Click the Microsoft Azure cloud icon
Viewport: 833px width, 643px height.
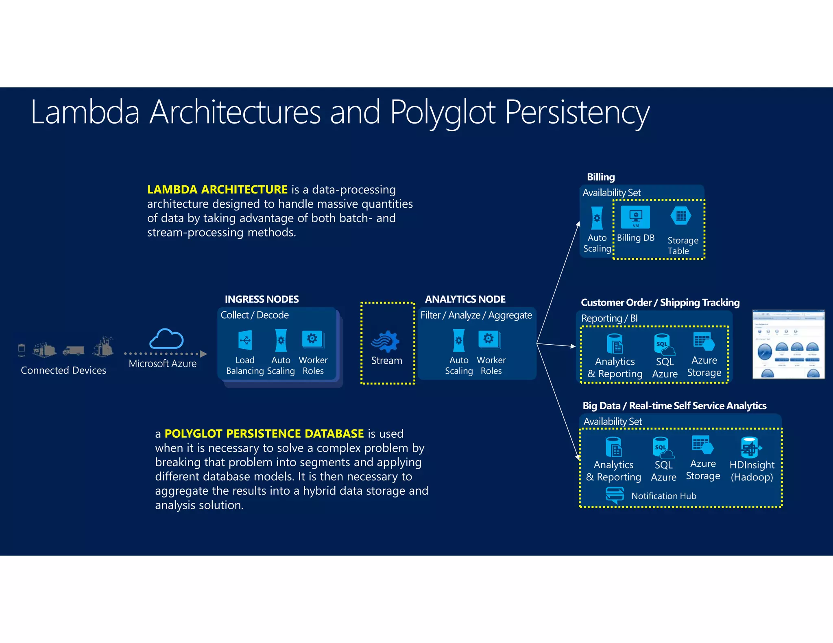[x=166, y=339]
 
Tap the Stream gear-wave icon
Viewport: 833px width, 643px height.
[x=385, y=341]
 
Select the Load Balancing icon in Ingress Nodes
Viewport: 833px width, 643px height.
[x=245, y=340]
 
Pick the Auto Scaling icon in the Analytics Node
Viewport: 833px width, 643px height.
[x=458, y=340]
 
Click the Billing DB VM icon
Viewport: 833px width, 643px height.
[x=635, y=217]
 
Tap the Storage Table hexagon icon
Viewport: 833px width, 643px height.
[x=680, y=216]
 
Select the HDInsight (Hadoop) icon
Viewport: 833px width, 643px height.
[x=750, y=447]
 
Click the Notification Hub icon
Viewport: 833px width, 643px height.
[x=615, y=495]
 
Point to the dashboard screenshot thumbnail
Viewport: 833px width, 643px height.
[x=788, y=344]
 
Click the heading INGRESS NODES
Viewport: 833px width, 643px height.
[x=262, y=299]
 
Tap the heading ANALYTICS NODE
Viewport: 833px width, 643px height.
[x=465, y=299]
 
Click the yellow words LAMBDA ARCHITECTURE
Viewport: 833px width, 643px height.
[x=217, y=189]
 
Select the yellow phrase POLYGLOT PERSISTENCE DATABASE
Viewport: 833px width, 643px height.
[x=264, y=434]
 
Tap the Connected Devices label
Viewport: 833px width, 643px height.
[x=63, y=370]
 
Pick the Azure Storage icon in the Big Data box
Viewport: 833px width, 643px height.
[x=702, y=445]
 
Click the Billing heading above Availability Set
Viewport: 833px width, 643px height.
[x=600, y=177]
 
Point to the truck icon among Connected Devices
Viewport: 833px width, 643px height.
[x=74, y=350]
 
